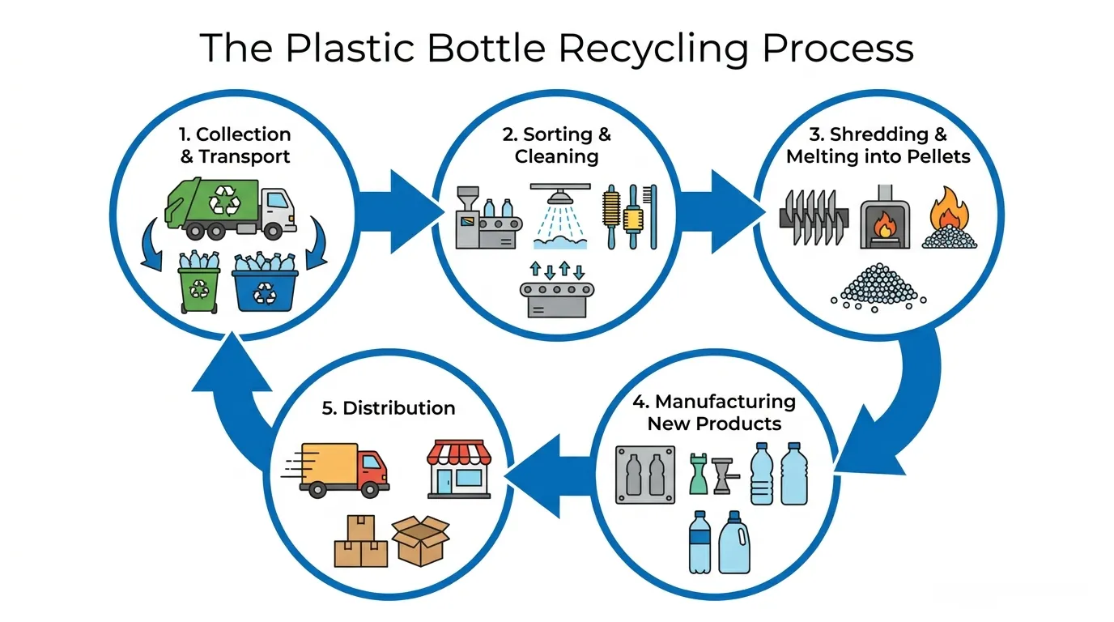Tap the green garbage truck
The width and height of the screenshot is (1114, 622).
[230, 208]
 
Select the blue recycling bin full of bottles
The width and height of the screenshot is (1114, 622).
[265, 282]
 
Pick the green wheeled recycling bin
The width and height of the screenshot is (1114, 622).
[199, 282]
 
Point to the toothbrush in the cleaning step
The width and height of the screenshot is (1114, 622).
[651, 217]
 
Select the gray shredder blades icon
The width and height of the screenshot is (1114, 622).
[814, 217]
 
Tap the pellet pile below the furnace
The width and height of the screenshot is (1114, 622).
[878, 288]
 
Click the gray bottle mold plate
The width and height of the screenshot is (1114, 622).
[645, 475]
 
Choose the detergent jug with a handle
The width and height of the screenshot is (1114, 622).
[734, 543]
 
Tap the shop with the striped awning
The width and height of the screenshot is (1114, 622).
[459, 469]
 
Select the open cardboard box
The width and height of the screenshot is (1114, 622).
[421, 540]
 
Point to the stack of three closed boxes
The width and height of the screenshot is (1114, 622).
[360, 541]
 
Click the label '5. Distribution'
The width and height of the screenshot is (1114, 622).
[389, 408]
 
